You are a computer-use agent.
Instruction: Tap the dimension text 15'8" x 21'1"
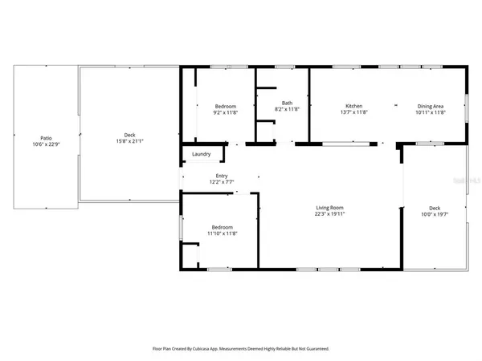click(x=129, y=142)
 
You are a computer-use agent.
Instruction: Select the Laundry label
click(x=202, y=154)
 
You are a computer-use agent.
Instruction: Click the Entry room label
click(x=222, y=176)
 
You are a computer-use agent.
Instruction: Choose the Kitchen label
click(x=354, y=107)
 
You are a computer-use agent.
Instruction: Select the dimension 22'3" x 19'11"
click(x=329, y=214)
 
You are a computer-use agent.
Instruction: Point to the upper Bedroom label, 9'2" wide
click(x=225, y=107)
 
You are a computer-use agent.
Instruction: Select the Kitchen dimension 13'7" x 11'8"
click(x=354, y=112)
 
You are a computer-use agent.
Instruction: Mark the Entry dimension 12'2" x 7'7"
click(x=222, y=181)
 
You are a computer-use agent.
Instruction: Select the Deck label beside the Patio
click(x=129, y=136)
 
